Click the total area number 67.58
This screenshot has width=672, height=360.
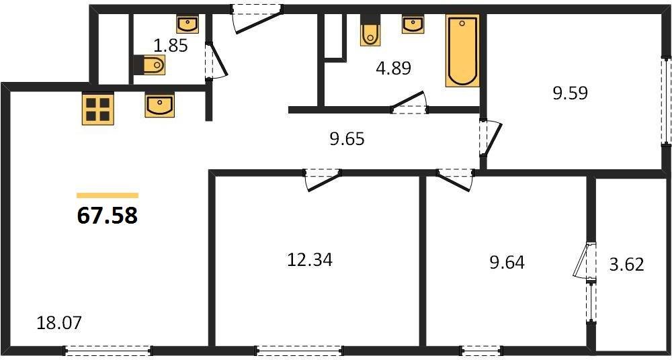[x=108, y=216]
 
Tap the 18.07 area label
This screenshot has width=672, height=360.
[x=59, y=323]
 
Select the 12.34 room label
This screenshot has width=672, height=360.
[x=309, y=259]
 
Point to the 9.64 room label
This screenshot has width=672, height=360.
[x=507, y=261]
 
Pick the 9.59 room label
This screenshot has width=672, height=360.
[x=570, y=93]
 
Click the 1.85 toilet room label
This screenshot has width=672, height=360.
[x=170, y=46]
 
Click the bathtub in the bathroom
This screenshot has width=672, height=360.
[x=462, y=51]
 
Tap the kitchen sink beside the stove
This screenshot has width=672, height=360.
[x=159, y=105]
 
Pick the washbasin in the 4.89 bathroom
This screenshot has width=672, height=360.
[x=413, y=25]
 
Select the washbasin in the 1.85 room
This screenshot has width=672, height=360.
[x=187, y=25]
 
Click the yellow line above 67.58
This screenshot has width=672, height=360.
[x=108, y=195]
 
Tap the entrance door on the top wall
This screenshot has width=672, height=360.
[x=257, y=9]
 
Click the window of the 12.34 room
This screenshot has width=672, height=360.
[x=299, y=349]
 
